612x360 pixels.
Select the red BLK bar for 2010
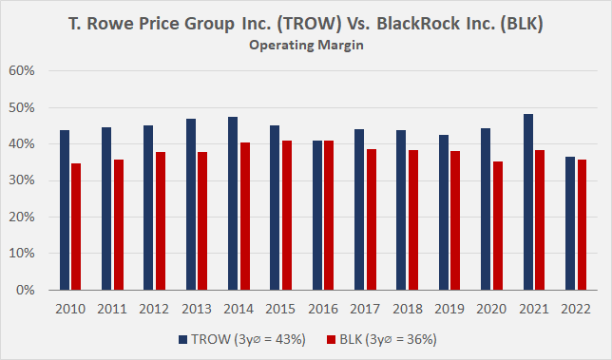pos(76,227)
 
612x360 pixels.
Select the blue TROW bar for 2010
pos(64,210)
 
